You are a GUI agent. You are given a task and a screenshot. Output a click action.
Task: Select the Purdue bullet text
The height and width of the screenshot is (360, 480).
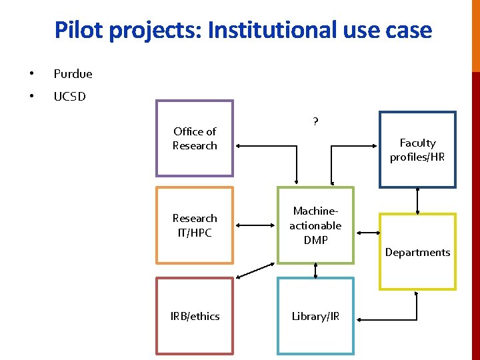point(73,74)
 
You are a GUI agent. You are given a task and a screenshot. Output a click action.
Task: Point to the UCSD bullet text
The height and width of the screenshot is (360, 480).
point(69,97)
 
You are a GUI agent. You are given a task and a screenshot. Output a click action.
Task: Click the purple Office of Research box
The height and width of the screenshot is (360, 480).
point(195,139)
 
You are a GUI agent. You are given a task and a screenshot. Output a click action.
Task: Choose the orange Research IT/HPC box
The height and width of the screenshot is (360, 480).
point(195,225)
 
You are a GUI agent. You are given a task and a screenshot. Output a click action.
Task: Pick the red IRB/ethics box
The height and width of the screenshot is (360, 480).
point(195,316)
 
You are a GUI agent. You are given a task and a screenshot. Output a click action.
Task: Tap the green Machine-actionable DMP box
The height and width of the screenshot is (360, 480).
point(315,225)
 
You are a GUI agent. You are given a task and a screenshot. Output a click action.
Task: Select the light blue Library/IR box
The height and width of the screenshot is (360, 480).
point(315,316)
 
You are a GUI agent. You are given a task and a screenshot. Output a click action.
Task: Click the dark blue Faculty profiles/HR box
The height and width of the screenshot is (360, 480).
point(417,150)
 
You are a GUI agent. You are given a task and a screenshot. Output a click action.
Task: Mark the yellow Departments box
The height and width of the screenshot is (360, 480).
point(417,251)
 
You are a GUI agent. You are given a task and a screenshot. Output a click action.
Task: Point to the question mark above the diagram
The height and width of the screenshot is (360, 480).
point(315,121)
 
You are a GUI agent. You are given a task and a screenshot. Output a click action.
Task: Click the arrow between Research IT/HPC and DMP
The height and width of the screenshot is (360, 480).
point(255,226)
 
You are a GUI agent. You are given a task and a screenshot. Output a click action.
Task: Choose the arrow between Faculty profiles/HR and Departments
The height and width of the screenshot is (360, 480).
point(417,201)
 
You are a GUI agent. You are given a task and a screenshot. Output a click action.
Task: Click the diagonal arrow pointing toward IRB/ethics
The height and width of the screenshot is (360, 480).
point(255,269)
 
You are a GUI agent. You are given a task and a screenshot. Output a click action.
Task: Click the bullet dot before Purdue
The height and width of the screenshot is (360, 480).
point(31,74)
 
